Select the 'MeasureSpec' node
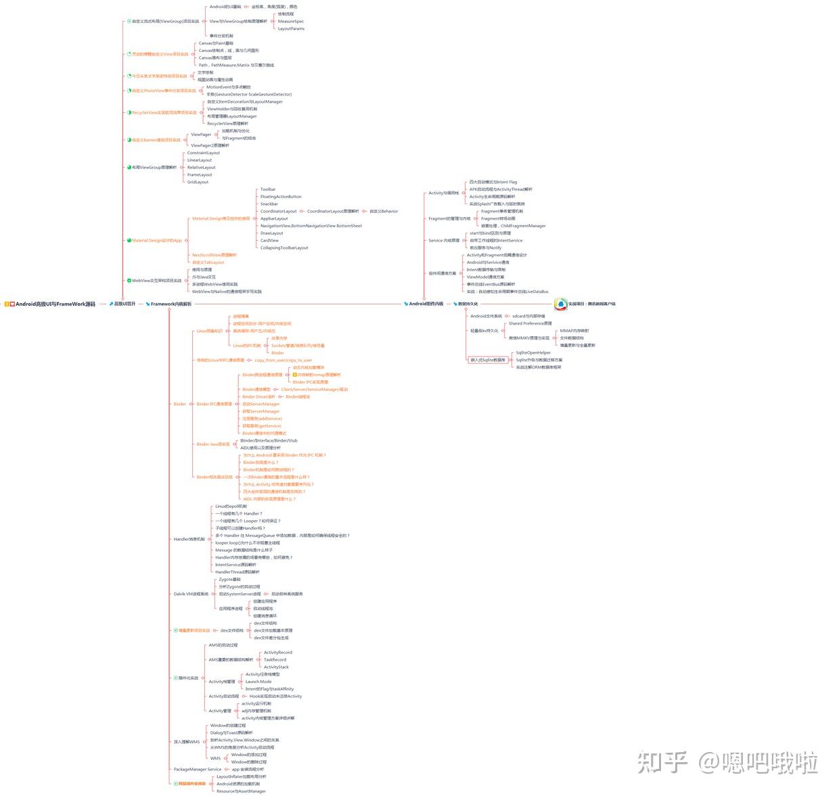point(291,22)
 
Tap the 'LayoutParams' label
point(291,29)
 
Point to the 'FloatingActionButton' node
point(281,197)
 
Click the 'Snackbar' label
point(269,204)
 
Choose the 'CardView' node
point(269,240)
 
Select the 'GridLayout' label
point(198,182)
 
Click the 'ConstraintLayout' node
point(204,153)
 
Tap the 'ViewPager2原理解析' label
point(210,145)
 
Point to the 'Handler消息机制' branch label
point(189,539)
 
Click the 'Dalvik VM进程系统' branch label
point(191,594)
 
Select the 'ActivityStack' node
point(276,667)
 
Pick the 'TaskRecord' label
point(275,659)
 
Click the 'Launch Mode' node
point(258,682)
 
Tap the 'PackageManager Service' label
point(198,769)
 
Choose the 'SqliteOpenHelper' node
point(533,353)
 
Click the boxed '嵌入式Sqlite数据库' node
point(487,360)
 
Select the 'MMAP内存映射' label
point(574,331)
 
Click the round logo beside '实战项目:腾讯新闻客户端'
point(560,304)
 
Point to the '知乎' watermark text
point(662,762)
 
